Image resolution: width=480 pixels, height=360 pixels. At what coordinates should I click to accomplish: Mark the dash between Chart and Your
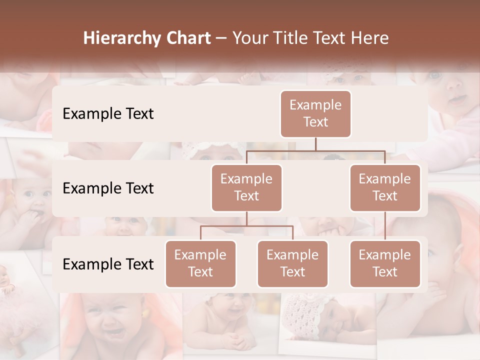[x=221, y=38]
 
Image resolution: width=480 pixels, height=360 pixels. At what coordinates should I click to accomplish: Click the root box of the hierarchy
[x=315, y=113]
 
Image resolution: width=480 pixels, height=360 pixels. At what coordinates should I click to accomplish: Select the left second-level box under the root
[x=246, y=187]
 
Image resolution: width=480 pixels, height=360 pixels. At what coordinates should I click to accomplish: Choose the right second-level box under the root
[x=385, y=187]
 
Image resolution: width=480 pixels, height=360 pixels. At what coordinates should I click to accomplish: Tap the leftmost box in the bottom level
[x=200, y=263]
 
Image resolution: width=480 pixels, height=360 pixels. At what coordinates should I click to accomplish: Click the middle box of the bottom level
[x=292, y=263]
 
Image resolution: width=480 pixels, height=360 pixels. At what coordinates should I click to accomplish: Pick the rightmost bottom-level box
[x=385, y=263]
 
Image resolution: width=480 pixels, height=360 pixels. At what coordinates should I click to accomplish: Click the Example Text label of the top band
[x=108, y=113]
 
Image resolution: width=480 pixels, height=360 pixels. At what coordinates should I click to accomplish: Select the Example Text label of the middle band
[x=108, y=188]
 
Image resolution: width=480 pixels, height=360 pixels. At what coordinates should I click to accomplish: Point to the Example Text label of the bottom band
[x=108, y=263]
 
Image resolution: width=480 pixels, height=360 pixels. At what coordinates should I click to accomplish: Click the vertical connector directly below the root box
[x=315, y=144]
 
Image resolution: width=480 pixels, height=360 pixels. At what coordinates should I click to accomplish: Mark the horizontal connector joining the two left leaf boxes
[x=246, y=226]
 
